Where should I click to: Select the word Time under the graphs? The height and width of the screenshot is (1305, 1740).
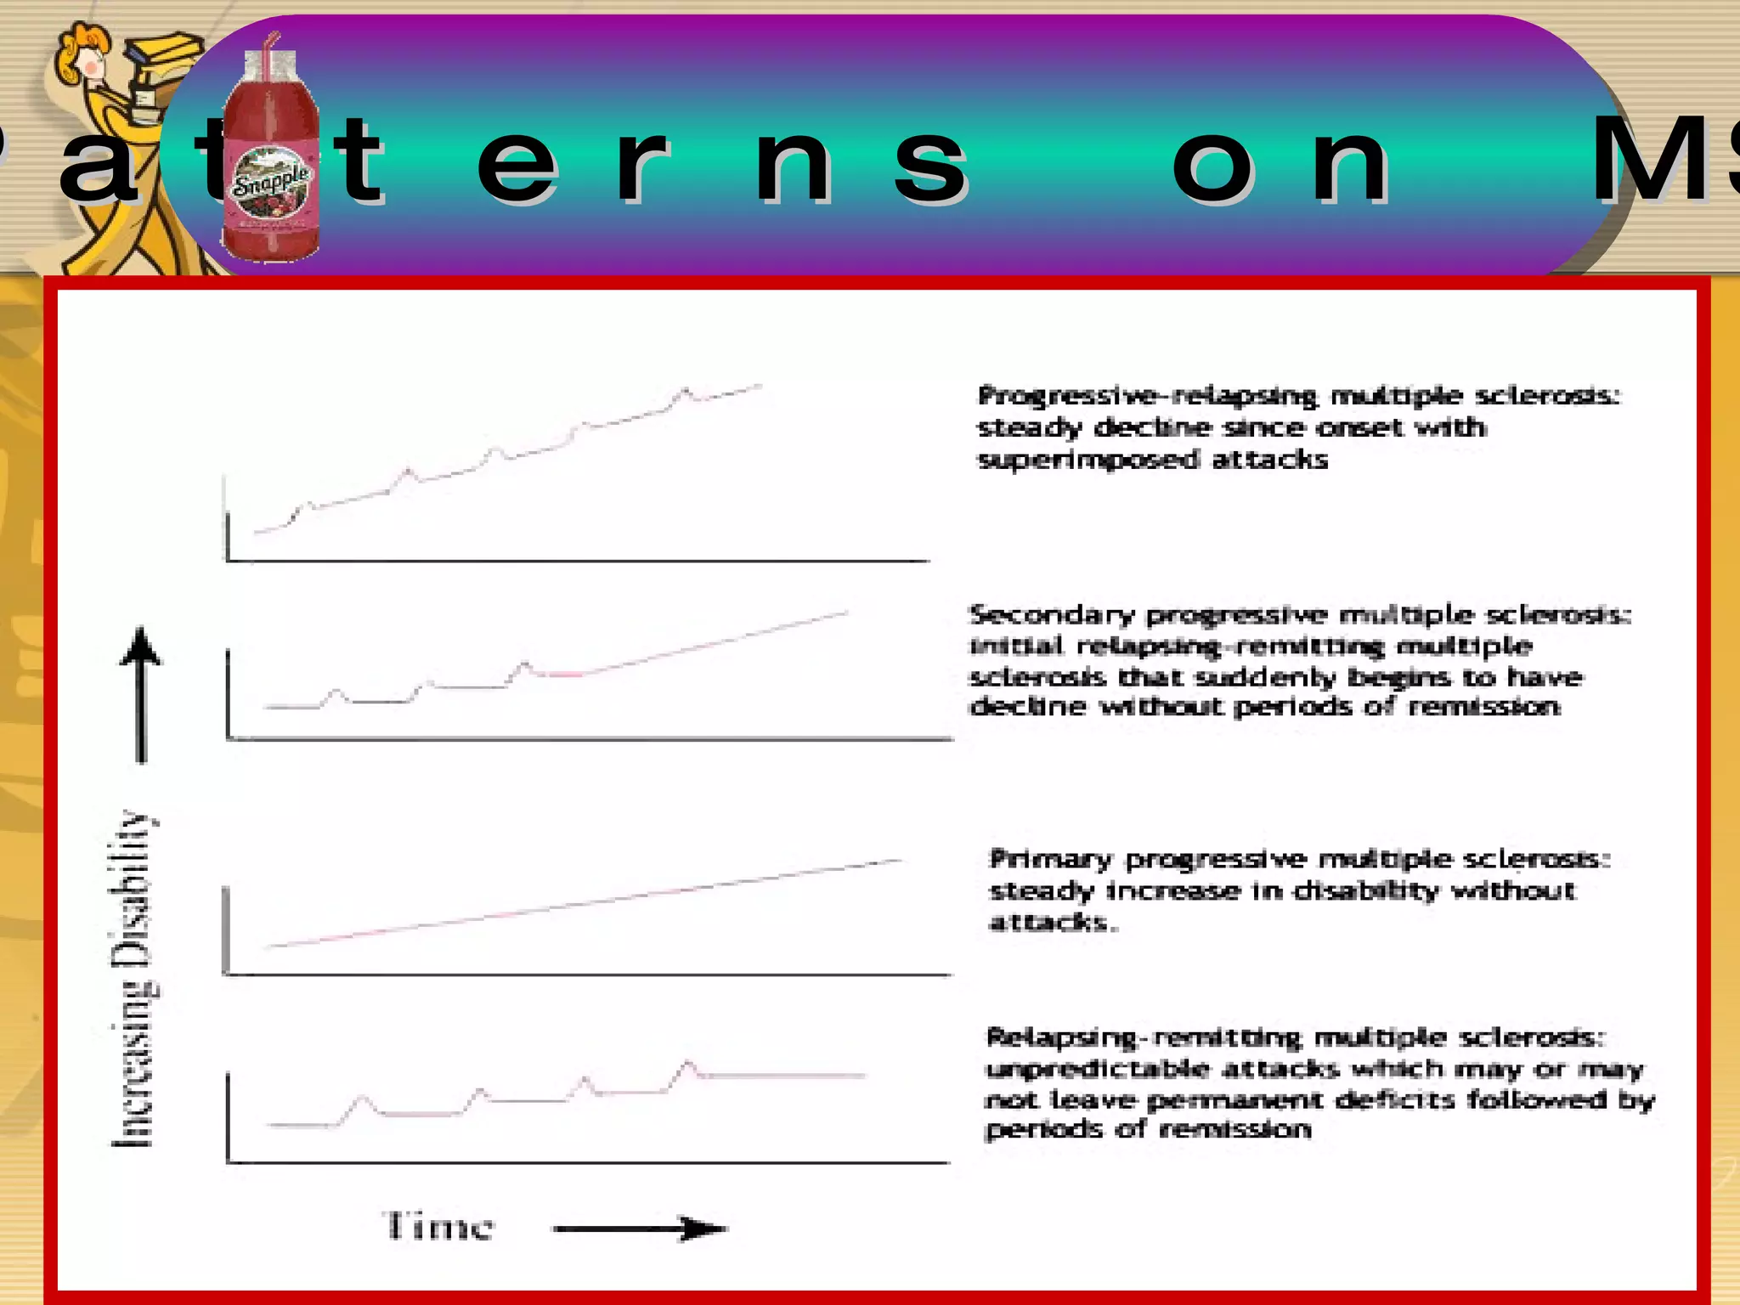click(x=439, y=1227)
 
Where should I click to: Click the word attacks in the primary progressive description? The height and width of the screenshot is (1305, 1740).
click(x=1050, y=923)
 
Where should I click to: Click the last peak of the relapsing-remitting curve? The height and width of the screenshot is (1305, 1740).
click(x=687, y=1063)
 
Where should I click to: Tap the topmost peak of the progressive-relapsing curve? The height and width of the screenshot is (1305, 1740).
click(x=685, y=390)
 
